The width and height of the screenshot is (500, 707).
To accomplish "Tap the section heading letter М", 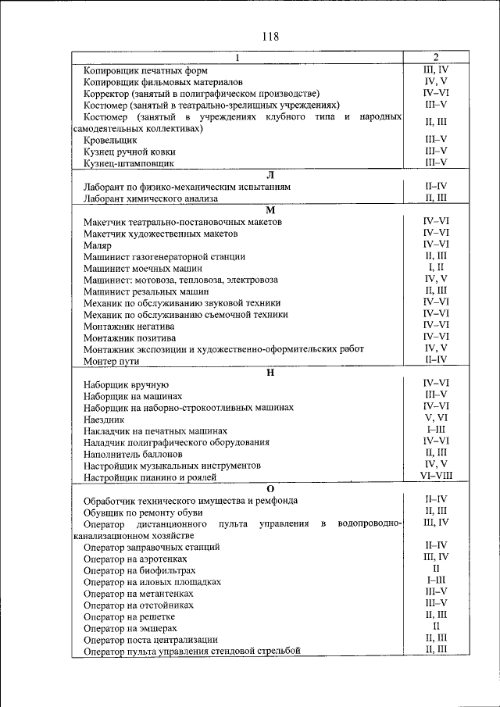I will [270, 210].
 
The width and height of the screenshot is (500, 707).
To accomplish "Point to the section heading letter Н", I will [270, 371].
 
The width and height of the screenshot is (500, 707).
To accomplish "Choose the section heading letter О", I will [270, 488].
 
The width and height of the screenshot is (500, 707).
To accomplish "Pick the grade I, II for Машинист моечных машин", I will [436, 266].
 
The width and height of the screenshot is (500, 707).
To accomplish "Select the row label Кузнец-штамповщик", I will [128, 163].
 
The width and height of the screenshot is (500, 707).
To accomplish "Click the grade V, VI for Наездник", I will [436, 418].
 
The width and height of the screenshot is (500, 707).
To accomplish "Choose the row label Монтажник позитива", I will [129, 337].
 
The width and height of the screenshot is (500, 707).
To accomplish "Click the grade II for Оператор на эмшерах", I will [436, 627].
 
